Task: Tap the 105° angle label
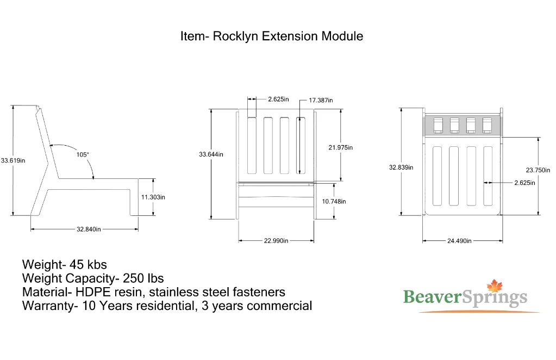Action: [83, 154]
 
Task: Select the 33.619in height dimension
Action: [13, 160]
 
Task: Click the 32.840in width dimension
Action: [88, 229]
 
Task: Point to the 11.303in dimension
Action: [153, 197]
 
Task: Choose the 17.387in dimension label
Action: [321, 100]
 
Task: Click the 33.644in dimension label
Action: [211, 154]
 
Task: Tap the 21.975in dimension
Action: [341, 147]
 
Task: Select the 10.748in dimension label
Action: [334, 201]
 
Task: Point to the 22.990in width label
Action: [276, 240]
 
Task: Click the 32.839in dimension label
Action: [401, 167]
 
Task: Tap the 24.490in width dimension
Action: [459, 240]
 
